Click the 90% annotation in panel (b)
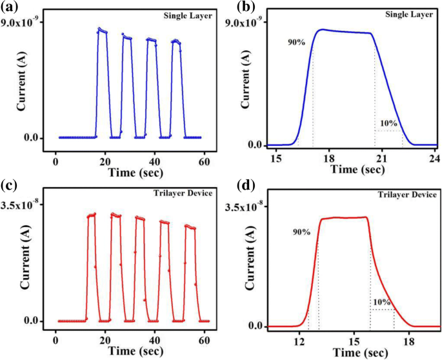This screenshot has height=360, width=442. click(x=297, y=43)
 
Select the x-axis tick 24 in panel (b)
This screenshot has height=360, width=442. click(x=434, y=159)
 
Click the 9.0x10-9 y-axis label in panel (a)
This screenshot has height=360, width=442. click(x=23, y=22)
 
